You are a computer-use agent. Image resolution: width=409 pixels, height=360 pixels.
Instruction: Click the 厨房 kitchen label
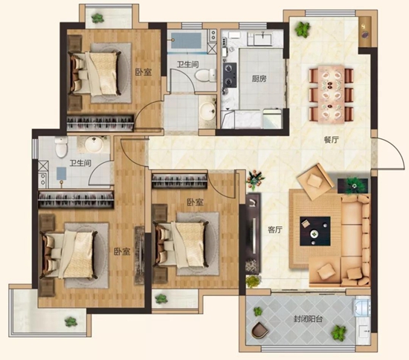click(x=259, y=78)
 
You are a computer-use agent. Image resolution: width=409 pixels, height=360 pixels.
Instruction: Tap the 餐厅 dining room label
click(x=331, y=140)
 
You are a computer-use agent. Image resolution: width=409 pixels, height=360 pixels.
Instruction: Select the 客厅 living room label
click(x=275, y=230)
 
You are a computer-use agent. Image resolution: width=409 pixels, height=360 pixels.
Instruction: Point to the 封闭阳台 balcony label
click(x=309, y=319)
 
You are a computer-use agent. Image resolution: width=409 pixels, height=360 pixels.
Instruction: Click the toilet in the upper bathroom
click(x=205, y=75)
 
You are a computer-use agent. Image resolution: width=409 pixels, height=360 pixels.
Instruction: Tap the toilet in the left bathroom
click(x=61, y=147)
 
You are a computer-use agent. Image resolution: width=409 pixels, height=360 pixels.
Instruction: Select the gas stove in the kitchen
click(x=230, y=75)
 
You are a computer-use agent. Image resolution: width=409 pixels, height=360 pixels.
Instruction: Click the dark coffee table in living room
click(x=315, y=231)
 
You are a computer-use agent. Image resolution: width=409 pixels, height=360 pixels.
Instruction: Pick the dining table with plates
click(x=331, y=94)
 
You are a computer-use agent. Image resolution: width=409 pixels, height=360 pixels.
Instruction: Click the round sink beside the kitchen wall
click(x=208, y=111)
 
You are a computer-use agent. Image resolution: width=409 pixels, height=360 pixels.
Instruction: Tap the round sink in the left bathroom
click(x=94, y=144)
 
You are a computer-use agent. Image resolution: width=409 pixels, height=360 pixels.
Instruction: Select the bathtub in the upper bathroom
click(x=186, y=41)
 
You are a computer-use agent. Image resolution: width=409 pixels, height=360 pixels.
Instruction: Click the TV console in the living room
click(x=254, y=234)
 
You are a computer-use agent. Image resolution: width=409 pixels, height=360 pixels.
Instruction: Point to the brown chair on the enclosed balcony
click(x=260, y=330)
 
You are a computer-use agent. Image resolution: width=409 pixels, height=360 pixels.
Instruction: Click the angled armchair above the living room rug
click(x=315, y=181)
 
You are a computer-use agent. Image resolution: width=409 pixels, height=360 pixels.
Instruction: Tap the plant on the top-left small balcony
click(x=97, y=18)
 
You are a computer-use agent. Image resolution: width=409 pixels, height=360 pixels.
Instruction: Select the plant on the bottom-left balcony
click(x=71, y=322)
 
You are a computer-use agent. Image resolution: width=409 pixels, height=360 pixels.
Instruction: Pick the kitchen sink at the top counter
click(x=263, y=39)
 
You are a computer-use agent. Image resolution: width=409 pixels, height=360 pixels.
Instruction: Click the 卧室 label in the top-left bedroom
click(x=144, y=72)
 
